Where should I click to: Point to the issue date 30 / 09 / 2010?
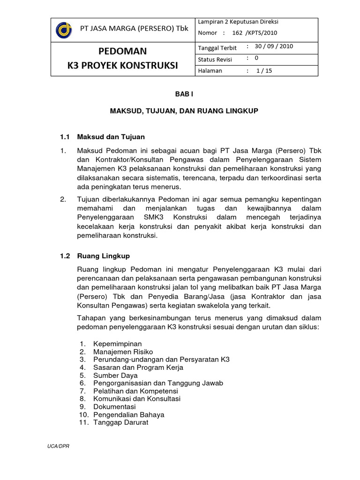274,47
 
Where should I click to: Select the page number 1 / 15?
264,71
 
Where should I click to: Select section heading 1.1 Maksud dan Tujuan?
103,137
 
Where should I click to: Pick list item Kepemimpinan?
117,344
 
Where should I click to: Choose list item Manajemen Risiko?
123,352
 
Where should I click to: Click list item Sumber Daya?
115,375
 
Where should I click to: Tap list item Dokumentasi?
114,407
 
